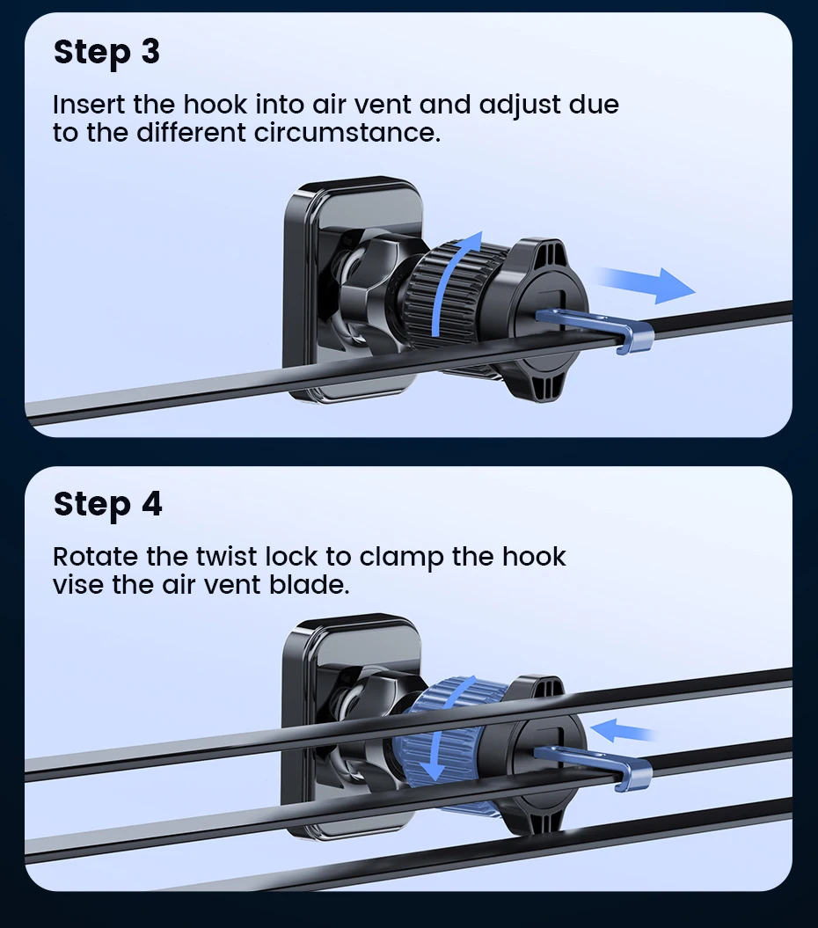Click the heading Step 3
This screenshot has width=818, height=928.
point(106,52)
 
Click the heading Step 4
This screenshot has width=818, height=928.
point(107,505)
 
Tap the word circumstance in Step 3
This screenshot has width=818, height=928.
point(347,133)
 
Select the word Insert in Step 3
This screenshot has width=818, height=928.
point(89,104)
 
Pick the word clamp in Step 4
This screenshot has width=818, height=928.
point(401,558)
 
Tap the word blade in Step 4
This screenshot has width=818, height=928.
point(309,585)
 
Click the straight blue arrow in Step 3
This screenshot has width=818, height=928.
point(646,284)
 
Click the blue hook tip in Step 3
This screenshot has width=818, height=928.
point(635,340)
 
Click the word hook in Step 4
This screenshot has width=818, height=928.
point(534,557)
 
